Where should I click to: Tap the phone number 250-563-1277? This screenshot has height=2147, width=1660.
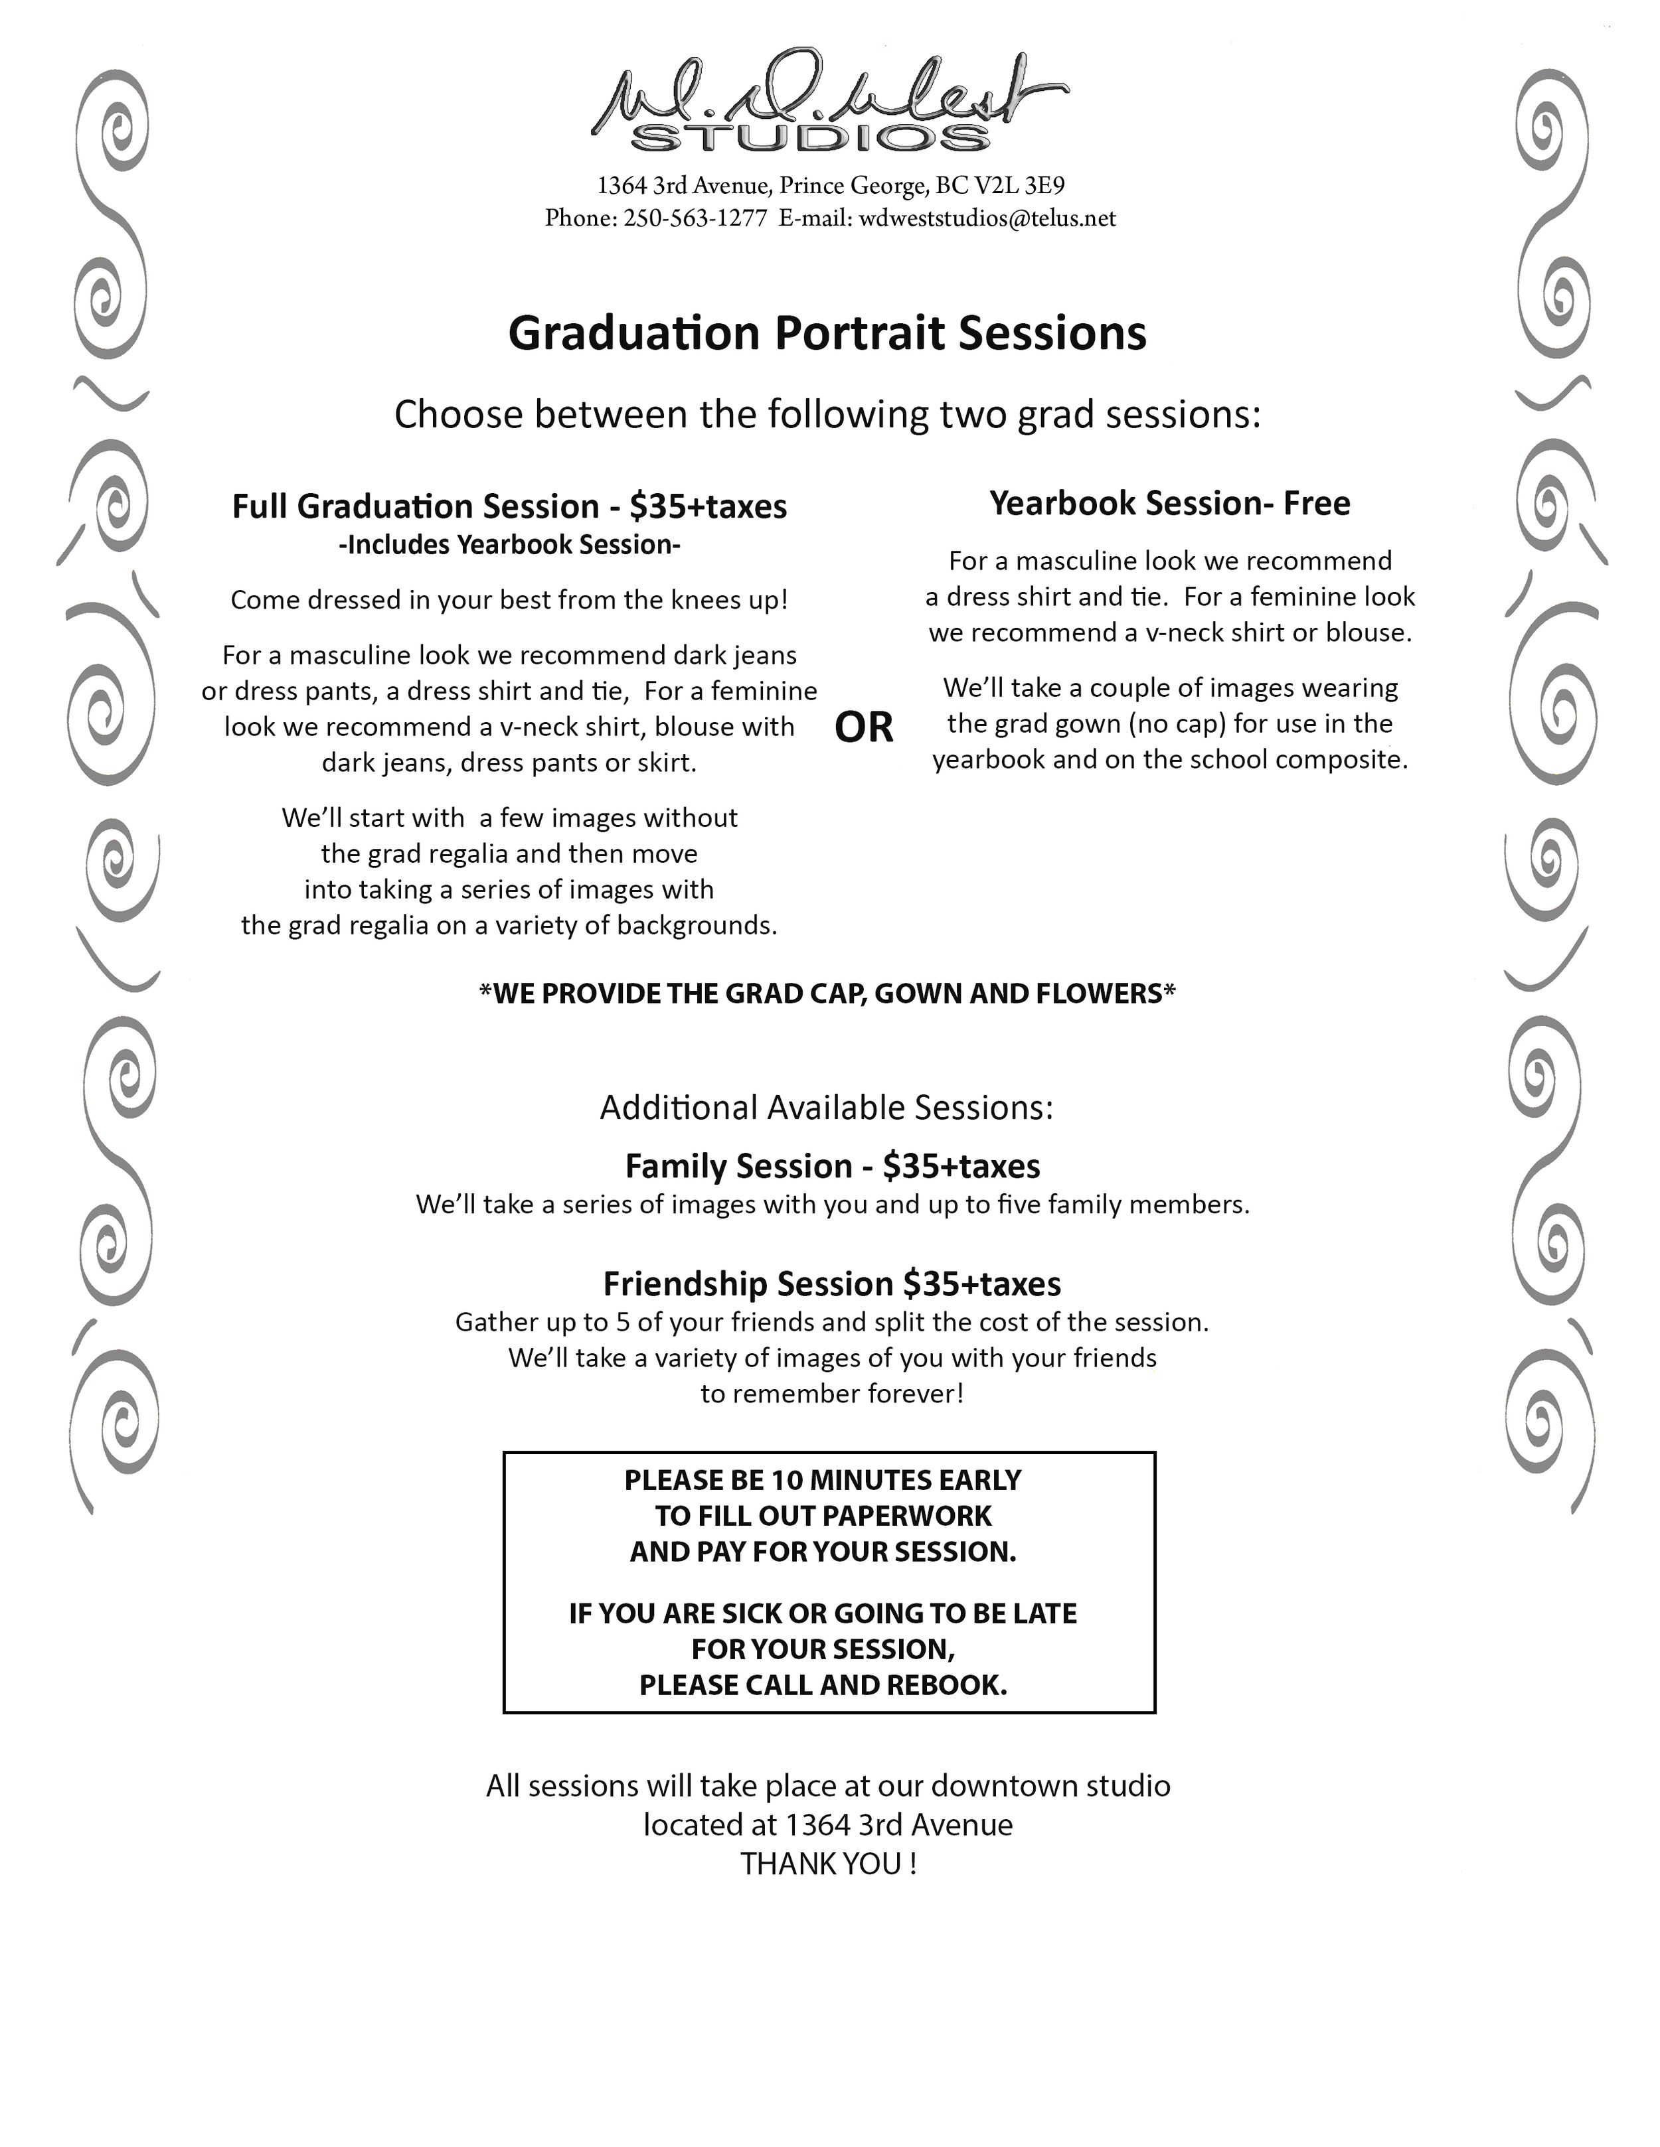click(x=695, y=218)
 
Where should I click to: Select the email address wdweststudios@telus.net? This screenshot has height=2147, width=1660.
click(x=987, y=218)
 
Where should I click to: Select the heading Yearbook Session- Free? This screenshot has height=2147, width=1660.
click(x=1169, y=503)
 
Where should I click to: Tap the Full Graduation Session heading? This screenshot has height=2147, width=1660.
click(x=509, y=506)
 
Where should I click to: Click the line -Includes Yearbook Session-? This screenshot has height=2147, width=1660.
click(x=509, y=545)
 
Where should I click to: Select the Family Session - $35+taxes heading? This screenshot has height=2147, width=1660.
click(x=832, y=1166)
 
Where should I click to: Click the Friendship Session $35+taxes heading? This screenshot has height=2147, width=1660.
click(x=832, y=1284)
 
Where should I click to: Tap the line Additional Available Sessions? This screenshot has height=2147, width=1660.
click(x=826, y=1108)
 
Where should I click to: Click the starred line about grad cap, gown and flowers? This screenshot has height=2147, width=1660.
click(x=827, y=994)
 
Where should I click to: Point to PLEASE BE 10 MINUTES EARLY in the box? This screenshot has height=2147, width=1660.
click(x=822, y=1481)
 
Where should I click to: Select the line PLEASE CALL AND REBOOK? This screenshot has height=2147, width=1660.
click(x=823, y=1685)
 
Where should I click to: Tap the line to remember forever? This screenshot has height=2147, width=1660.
click(x=832, y=1394)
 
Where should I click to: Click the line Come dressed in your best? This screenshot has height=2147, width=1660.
click(x=509, y=600)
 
